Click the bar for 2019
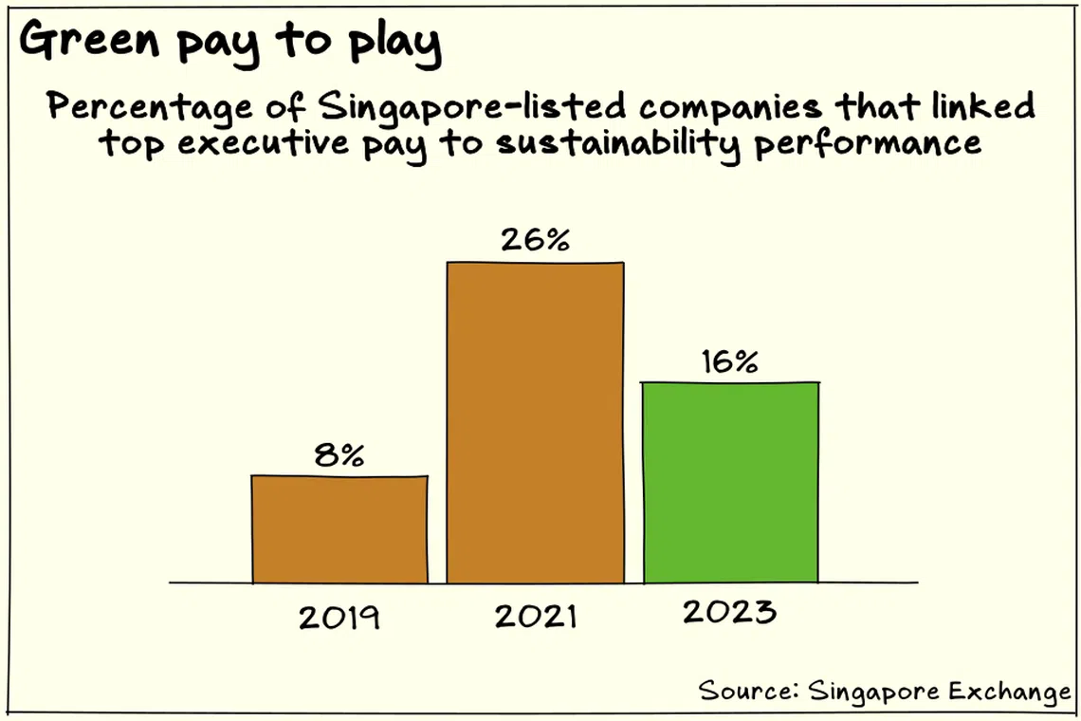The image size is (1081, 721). (x=339, y=529)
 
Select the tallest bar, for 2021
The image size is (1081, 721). (x=535, y=422)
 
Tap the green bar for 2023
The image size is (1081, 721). (x=731, y=482)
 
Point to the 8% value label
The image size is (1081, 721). (x=339, y=454)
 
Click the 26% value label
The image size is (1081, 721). (x=535, y=239)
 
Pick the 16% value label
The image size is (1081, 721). (x=730, y=360)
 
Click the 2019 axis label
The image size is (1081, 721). (x=339, y=617)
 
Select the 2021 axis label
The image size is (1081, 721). (x=535, y=616)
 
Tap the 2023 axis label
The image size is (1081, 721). (x=729, y=611)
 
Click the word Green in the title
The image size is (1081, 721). (x=90, y=39)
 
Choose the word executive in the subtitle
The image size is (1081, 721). (x=264, y=143)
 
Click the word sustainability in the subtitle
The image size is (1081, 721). (x=617, y=145)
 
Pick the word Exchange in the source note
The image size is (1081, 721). (x=1010, y=692)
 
